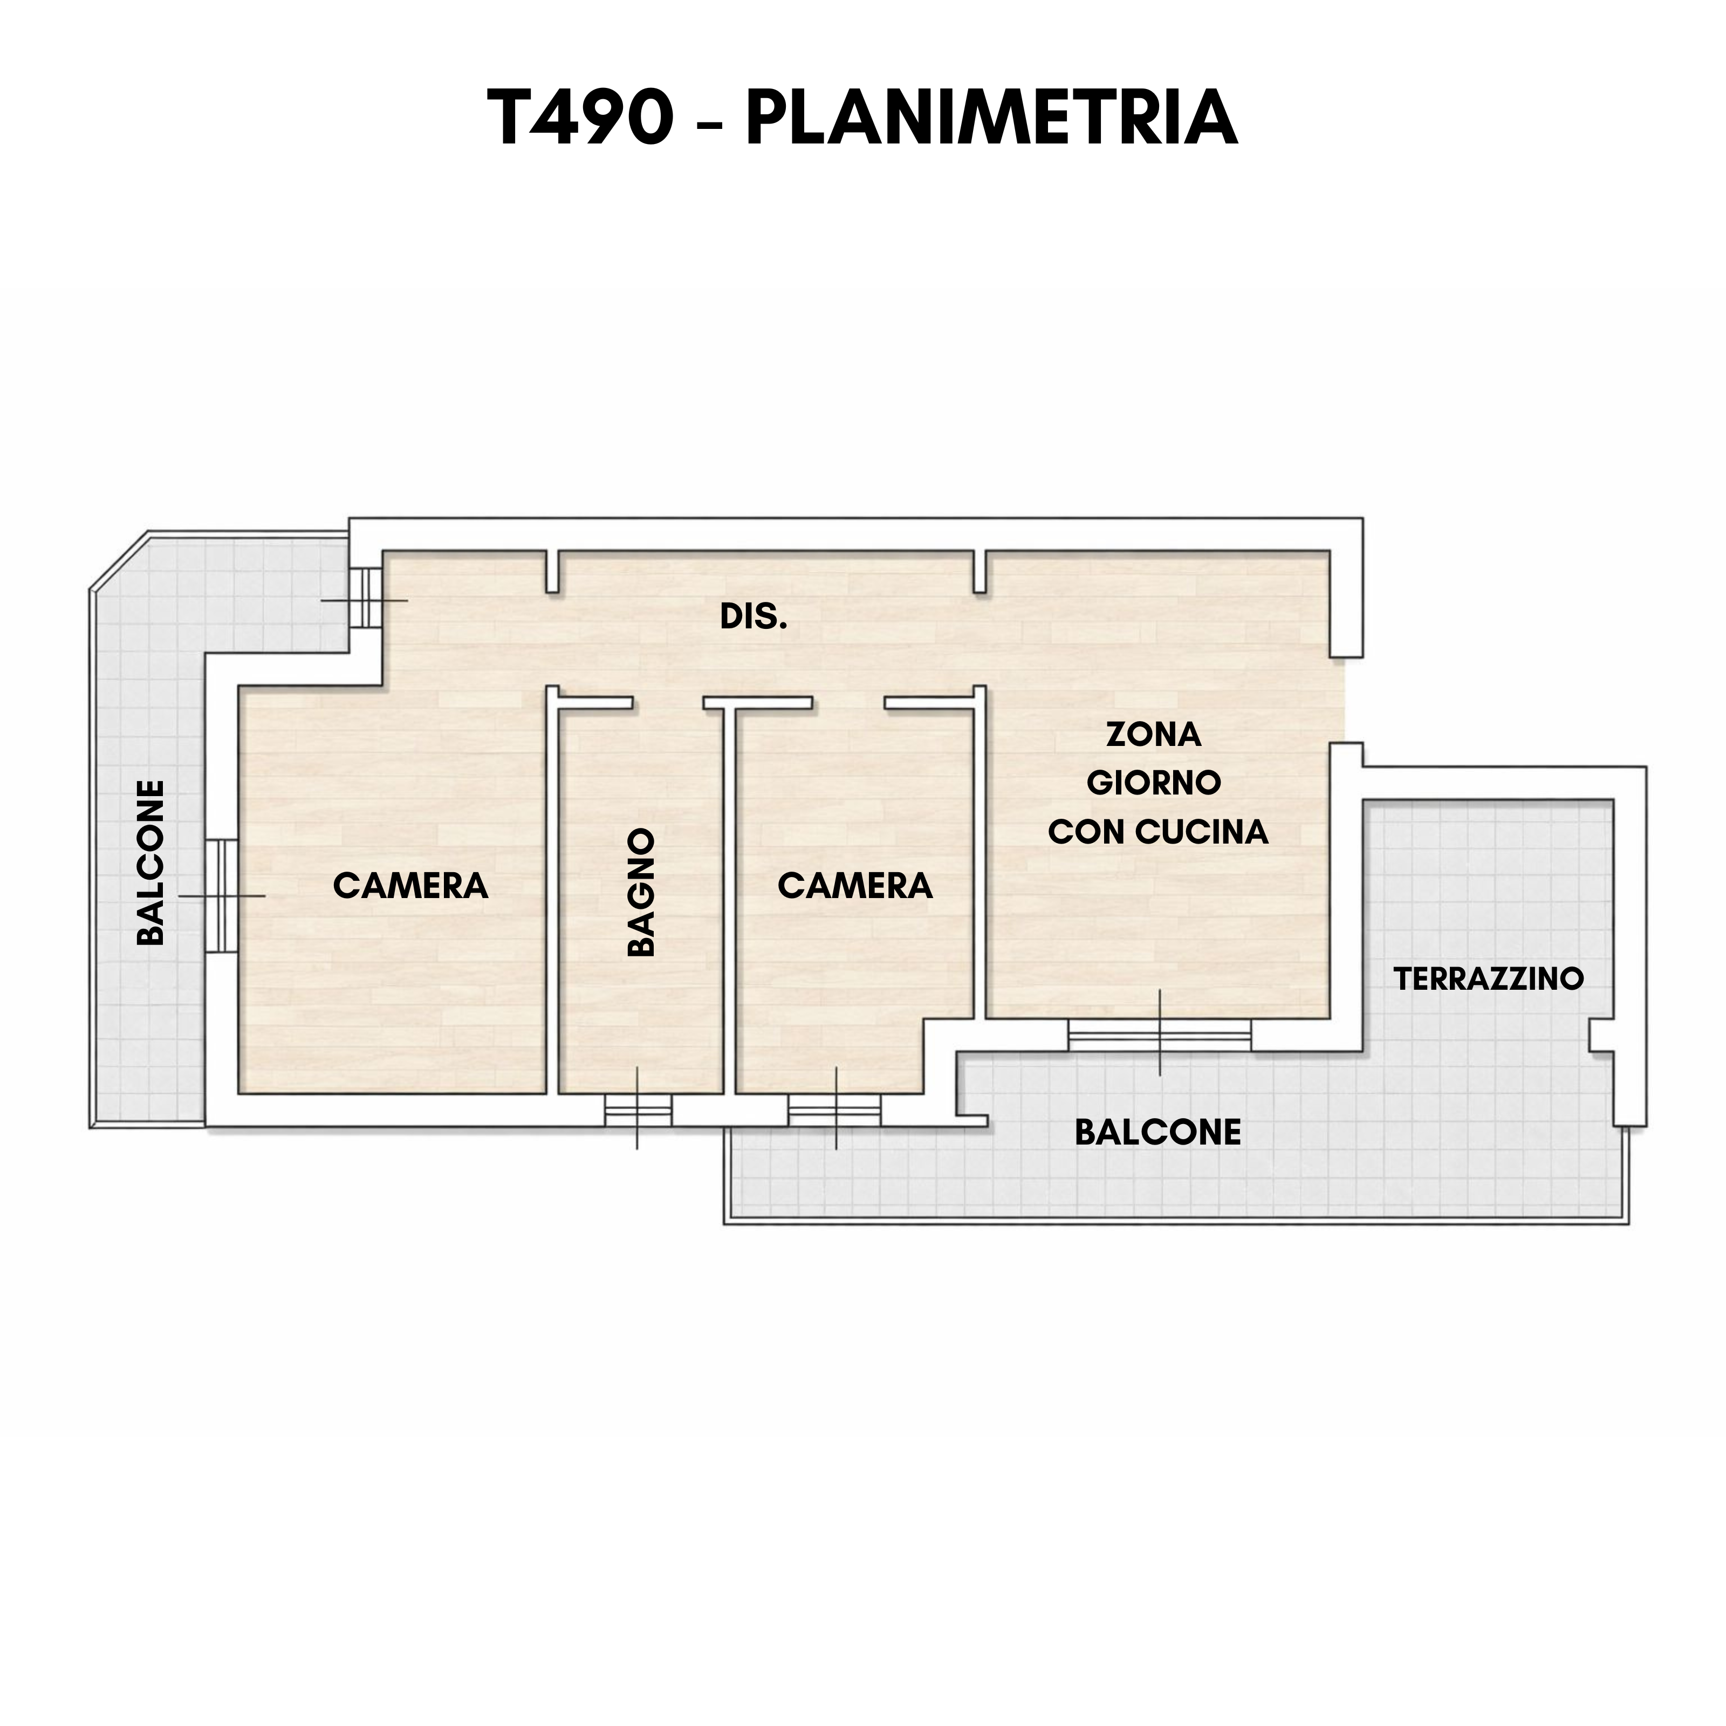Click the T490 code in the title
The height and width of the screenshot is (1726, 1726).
point(581,118)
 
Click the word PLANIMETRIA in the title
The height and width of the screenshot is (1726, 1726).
point(992,118)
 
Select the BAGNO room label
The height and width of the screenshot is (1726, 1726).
point(641,892)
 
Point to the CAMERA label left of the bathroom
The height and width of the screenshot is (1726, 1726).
point(411,885)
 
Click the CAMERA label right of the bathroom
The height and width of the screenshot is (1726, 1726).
point(855,885)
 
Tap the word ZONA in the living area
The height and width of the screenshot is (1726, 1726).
point(1153,734)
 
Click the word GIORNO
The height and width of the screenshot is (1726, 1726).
point(1153,783)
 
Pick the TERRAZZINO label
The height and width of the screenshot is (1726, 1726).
point(1488,979)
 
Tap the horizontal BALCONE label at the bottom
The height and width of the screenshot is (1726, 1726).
point(1158,1133)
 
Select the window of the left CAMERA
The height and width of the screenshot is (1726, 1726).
point(222,895)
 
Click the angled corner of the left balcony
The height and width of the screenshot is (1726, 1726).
point(119,560)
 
